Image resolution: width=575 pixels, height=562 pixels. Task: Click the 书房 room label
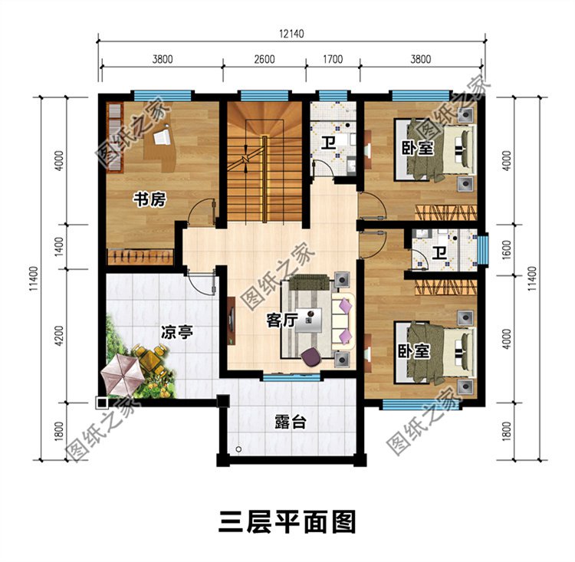tap(149, 200)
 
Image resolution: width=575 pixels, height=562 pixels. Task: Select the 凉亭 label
tap(176, 333)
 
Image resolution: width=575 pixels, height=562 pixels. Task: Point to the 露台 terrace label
tap(289, 422)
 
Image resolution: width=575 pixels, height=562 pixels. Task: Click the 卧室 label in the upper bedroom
tap(416, 148)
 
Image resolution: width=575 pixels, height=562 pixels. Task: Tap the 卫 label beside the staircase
tap(327, 143)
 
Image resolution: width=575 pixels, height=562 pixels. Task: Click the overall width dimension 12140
tap(291, 33)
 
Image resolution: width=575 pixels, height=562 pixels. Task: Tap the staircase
tap(265, 161)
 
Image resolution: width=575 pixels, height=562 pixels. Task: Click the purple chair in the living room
tap(311, 356)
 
